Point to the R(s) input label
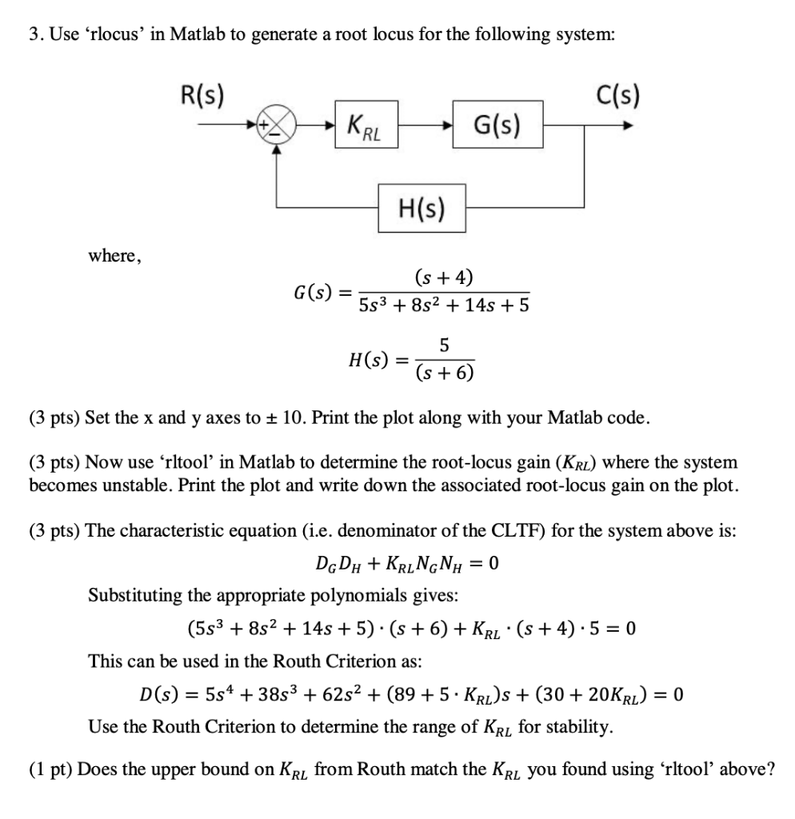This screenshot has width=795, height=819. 201,98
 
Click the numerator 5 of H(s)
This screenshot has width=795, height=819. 444,346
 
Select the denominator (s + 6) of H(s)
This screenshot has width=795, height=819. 444,373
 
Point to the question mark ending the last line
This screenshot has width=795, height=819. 770,769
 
